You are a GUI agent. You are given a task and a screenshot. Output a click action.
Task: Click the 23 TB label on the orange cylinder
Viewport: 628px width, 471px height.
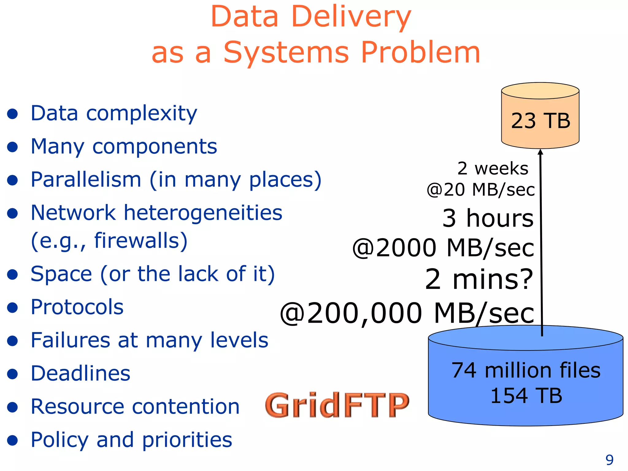[x=540, y=121]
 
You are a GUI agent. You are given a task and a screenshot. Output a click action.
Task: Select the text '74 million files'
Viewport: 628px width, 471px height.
[x=526, y=370]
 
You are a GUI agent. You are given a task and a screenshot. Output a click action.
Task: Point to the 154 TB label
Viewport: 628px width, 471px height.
[x=526, y=396]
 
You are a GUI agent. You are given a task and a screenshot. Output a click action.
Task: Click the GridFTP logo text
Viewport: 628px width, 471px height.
[x=337, y=405]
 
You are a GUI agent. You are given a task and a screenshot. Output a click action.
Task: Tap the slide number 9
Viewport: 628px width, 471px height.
[x=609, y=460]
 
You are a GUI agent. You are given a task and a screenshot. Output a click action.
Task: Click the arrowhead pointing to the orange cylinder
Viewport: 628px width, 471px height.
[x=541, y=152]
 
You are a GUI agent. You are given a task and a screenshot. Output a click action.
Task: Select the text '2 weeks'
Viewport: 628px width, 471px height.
[x=493, y=169]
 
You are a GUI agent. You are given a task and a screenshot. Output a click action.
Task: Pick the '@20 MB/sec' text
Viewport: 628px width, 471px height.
[x=481, y=190]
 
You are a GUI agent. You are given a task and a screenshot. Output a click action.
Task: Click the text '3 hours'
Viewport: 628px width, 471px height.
[x=488, y=218]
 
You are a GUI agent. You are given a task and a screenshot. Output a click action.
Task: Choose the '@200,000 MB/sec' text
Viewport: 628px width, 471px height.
[x=407, y=313]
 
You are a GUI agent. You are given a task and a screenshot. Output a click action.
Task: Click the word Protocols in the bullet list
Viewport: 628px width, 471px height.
[x=77, y=307]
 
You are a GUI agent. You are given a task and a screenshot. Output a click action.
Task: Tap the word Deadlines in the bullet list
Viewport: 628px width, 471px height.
[x=80, y=373]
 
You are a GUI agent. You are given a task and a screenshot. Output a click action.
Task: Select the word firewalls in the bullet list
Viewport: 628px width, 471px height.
[x=141, y=240]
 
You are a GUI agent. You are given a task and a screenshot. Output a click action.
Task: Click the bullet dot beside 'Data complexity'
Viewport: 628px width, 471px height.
[x=13, y=114]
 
